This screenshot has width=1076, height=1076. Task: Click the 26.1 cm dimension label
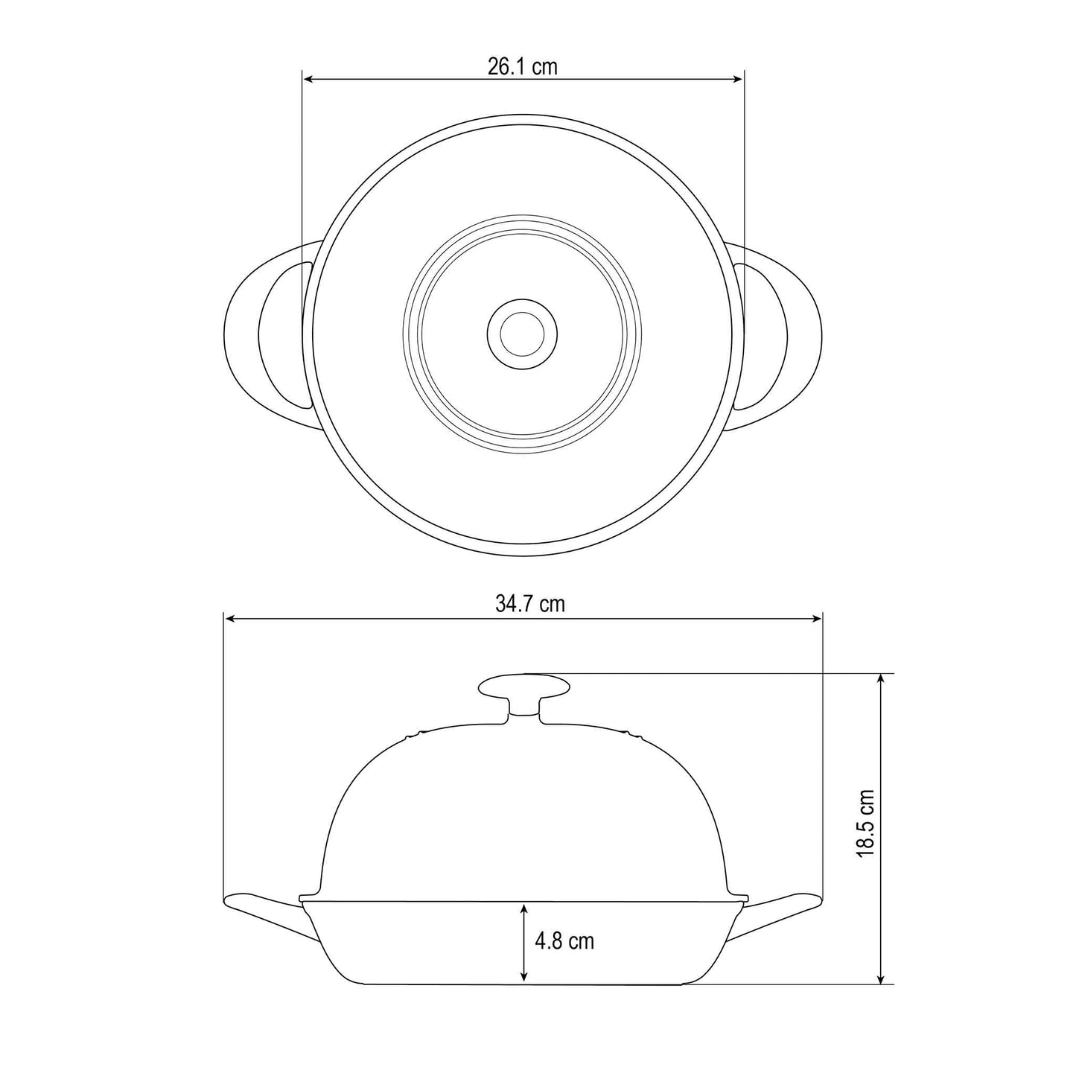click(522, 66)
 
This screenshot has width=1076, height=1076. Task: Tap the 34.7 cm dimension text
click(530, 604)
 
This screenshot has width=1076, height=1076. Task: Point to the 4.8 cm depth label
click(564, 941)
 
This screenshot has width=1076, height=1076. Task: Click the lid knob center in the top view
click(522, 334)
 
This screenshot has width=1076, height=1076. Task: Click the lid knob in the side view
click(523, 687)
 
